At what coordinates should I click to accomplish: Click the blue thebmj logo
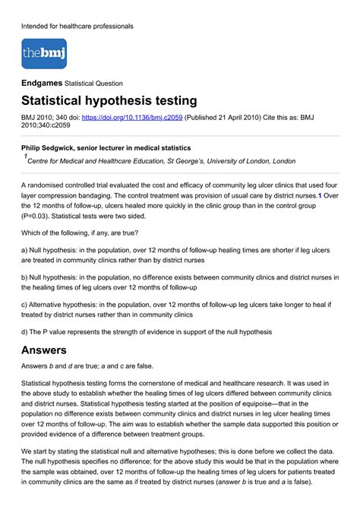coord(44,54)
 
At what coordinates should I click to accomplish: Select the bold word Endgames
coord(42,82)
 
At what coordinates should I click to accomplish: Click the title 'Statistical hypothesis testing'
coord(109,101)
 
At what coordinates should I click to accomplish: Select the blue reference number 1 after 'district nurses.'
coord(320,195)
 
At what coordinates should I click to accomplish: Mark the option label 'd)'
coord(25,332)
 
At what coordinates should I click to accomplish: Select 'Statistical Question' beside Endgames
coord(94,82)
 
